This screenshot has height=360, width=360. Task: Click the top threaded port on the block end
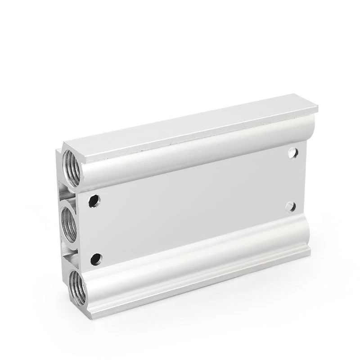coord(72,167)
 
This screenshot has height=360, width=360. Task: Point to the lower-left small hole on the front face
coord(96,259)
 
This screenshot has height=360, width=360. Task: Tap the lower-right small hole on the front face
coord(291,207)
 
